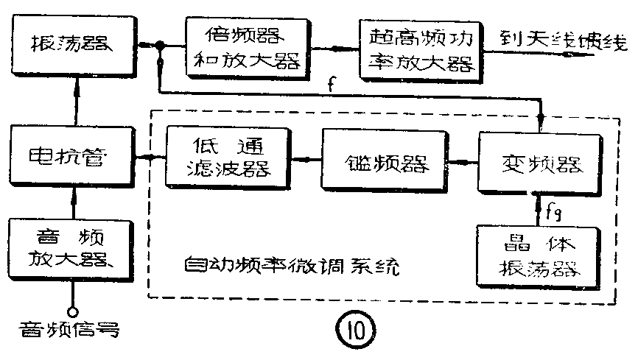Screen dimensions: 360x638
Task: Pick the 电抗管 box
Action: (72, 156)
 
